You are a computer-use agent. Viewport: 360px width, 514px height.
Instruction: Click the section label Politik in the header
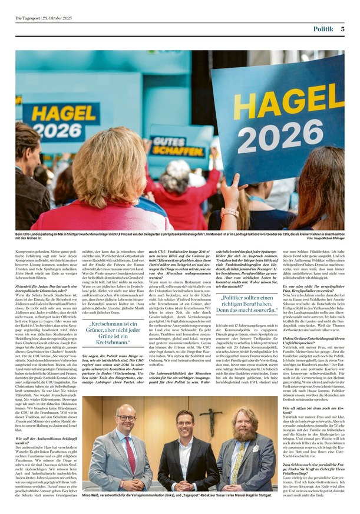point(323,28)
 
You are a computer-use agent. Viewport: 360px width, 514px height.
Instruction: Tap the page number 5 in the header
point(342,28)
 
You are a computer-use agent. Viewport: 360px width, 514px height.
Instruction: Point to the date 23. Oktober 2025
point(64,18)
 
